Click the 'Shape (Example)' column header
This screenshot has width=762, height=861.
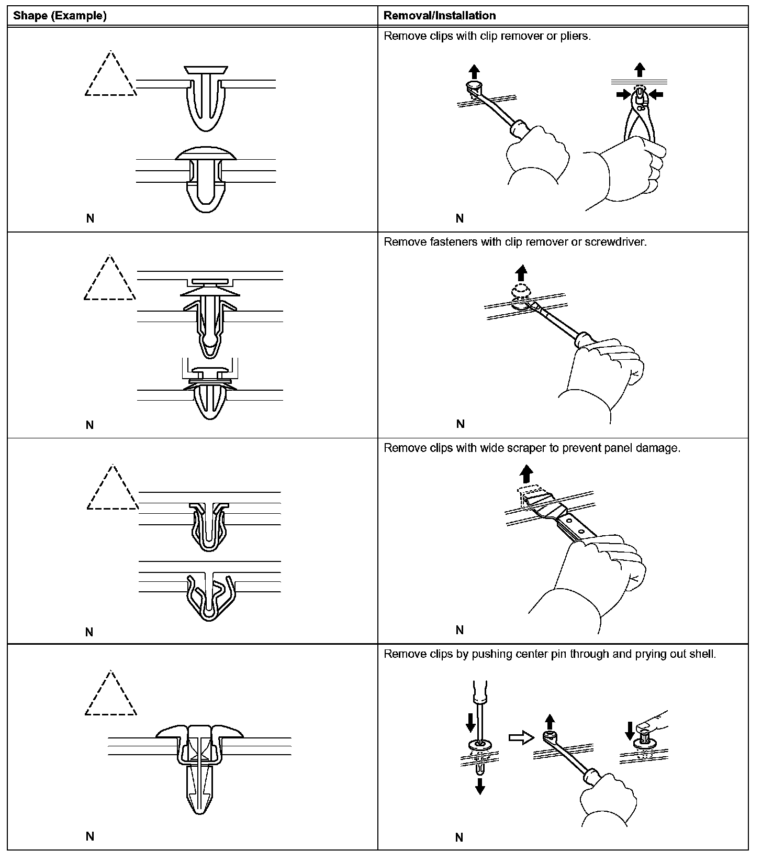pos(60,16)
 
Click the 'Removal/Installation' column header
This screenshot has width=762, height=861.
pos(439,16)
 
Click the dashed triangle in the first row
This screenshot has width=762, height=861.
pos(110,76)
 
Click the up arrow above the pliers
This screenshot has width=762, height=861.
pos(639,70)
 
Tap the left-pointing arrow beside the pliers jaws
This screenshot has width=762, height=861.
pos(655,94)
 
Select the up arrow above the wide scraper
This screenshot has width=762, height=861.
pos(526,475)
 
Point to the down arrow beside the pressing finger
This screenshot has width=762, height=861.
pos(630,729)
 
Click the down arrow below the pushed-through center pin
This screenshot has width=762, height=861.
pos(479,786)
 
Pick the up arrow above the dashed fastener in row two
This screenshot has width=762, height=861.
pos(521,272)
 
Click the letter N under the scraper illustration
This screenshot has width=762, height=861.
pos(460,630)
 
